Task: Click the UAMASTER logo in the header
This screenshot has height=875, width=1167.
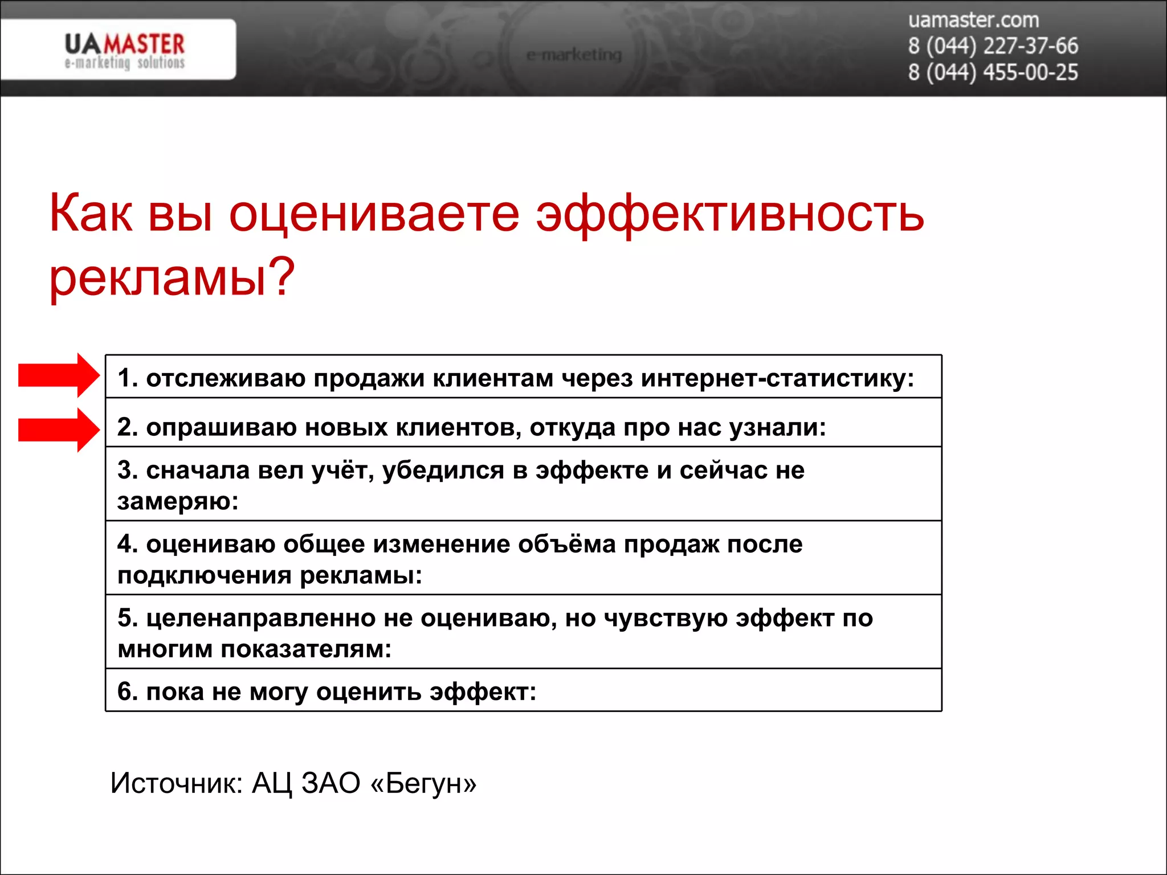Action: (124, 50)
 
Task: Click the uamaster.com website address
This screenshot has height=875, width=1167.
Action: (973, 21)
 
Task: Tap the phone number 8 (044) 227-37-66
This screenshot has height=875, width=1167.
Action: (993, 46)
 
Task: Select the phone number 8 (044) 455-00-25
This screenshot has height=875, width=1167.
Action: (993, 73)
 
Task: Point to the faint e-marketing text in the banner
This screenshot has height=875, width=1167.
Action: (574, 55)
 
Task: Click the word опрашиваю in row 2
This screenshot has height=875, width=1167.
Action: (221, 427)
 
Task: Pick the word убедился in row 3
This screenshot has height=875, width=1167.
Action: (443, 471)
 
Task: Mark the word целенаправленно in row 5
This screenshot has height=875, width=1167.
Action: (260, 618)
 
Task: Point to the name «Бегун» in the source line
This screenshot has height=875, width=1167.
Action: (423, 783)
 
